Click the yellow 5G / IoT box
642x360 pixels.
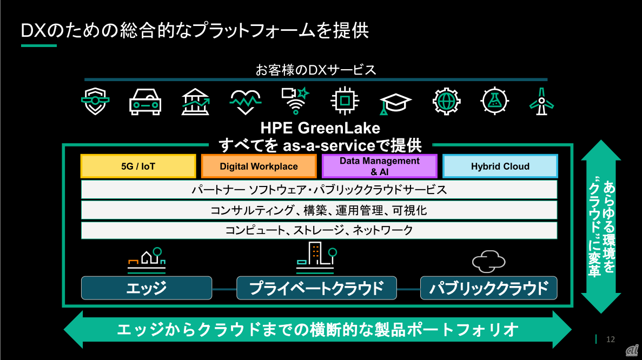tap(138, 166)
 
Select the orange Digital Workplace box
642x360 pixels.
tap(259, 166)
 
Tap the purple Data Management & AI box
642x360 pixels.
tap(379, 166)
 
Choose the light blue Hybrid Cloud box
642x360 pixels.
tap(500, 166)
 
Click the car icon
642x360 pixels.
tap(145, 101)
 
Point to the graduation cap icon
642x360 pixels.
tap(395, 103)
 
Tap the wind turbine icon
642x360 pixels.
tap(540, 101)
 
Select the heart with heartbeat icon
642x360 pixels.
tap(246, 101)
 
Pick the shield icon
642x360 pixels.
tap(95, 101)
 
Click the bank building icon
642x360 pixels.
tap(196, 101)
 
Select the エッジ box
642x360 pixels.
tap(146, 288)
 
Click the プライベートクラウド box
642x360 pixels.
tap(316, 288)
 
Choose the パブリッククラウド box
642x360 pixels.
tap(488, 288)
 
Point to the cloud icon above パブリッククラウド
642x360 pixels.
tap(488, 262)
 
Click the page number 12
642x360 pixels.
tap(611, 339)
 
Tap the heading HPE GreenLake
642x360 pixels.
tap(320, 129)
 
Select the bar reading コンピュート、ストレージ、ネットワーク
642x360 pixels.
tap(319, 230)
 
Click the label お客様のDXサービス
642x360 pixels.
tap(316, 70)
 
